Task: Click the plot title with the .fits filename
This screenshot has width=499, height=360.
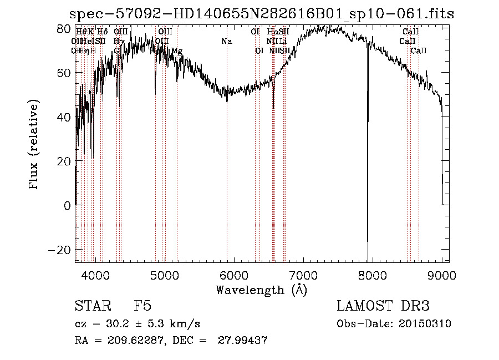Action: (x=261, y=14)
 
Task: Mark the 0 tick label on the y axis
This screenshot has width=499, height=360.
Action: (x=67, y=206)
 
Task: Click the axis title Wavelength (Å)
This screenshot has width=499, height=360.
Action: (x=261, y=290)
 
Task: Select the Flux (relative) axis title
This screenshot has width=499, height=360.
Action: (x=34, y=144)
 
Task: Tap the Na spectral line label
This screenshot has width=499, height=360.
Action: (x=226, y=42)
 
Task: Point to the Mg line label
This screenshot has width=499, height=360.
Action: (x=176, y=51)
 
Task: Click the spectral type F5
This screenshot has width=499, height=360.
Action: (x=142, y=306)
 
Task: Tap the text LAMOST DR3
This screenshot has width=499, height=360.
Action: (x=383, y=306)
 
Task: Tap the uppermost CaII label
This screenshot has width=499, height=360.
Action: (x=410, y=32)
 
